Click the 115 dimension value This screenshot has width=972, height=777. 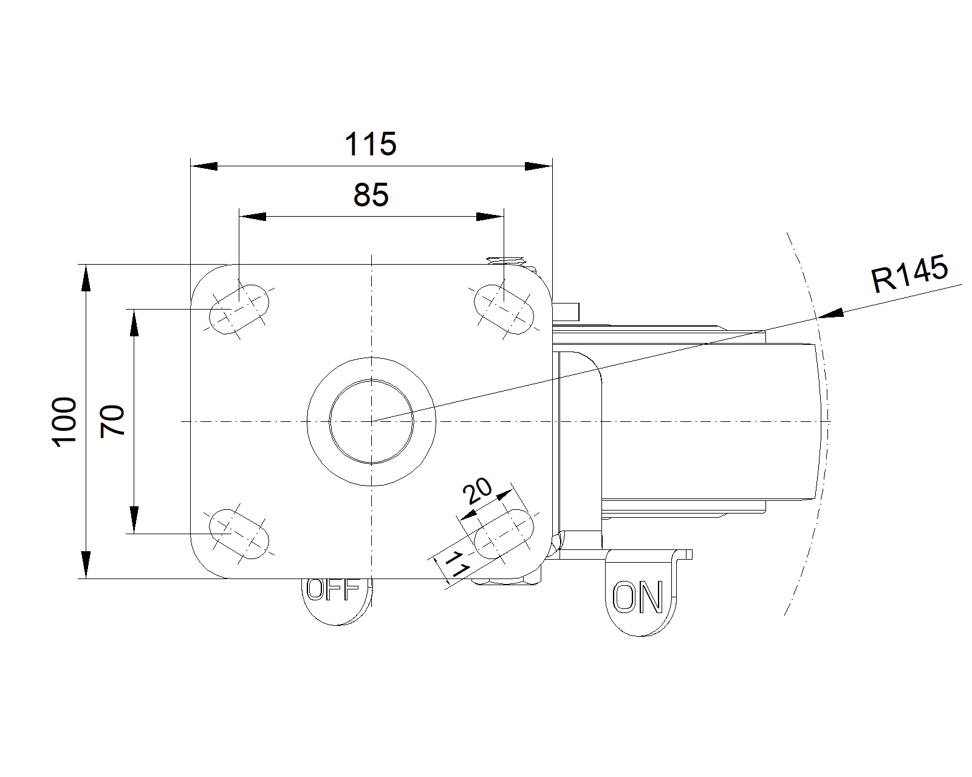pos(371,144)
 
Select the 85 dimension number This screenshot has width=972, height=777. pos(371,195)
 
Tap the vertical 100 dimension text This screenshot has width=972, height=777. pos(64,422)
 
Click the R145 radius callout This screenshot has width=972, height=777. pos(909,273)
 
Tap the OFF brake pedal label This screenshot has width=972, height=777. pos(333,589)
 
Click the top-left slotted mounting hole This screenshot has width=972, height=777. pos(239,309)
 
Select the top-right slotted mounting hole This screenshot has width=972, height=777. pos(504,309)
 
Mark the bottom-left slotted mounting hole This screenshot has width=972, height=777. pos(239,534)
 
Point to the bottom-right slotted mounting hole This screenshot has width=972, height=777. pos(504,534)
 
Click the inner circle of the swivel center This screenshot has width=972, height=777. pos(371,422)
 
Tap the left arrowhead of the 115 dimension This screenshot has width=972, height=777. pos(204,166)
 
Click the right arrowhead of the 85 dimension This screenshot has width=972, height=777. pos(490,217)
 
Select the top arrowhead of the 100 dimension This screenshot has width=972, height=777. pos(86,278)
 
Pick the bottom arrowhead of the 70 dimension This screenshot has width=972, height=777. pos(134,520)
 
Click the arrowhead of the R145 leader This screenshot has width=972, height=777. pos(830,313)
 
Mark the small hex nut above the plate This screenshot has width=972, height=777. pos(506,260)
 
